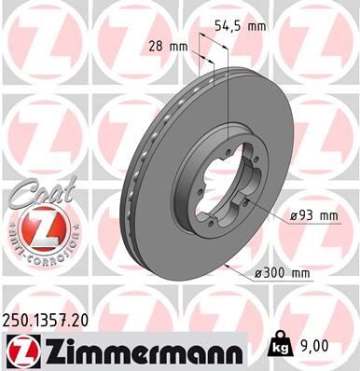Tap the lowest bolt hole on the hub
coord(213,224)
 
